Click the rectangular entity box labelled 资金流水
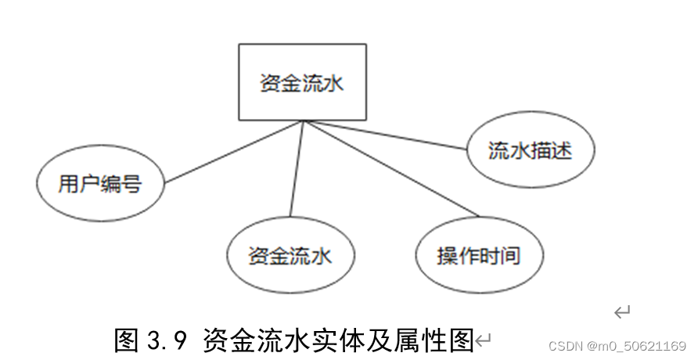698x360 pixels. (302, 82)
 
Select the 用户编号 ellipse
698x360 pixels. (100, 185)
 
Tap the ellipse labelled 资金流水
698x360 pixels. (290, 256)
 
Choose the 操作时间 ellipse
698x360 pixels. (479, 256)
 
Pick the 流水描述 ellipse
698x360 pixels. (530, 149)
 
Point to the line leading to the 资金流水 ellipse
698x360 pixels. (295, 169)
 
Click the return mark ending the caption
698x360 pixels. (484, 340)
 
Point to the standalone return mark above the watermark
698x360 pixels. (622, 313)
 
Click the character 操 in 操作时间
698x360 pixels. (447, 256)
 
